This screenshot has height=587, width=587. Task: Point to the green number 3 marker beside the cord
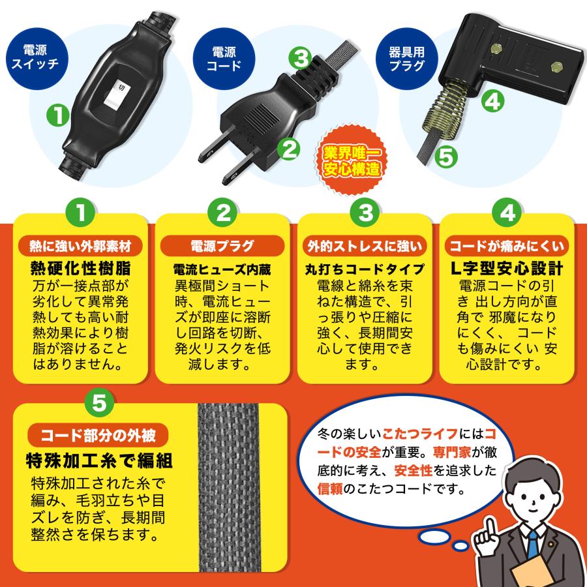coord(300,58)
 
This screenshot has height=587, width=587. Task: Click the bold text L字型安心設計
coord(507,267)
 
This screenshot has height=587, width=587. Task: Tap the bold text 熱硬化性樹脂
coord(82,267)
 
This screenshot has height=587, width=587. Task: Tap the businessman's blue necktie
coord(533,544)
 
